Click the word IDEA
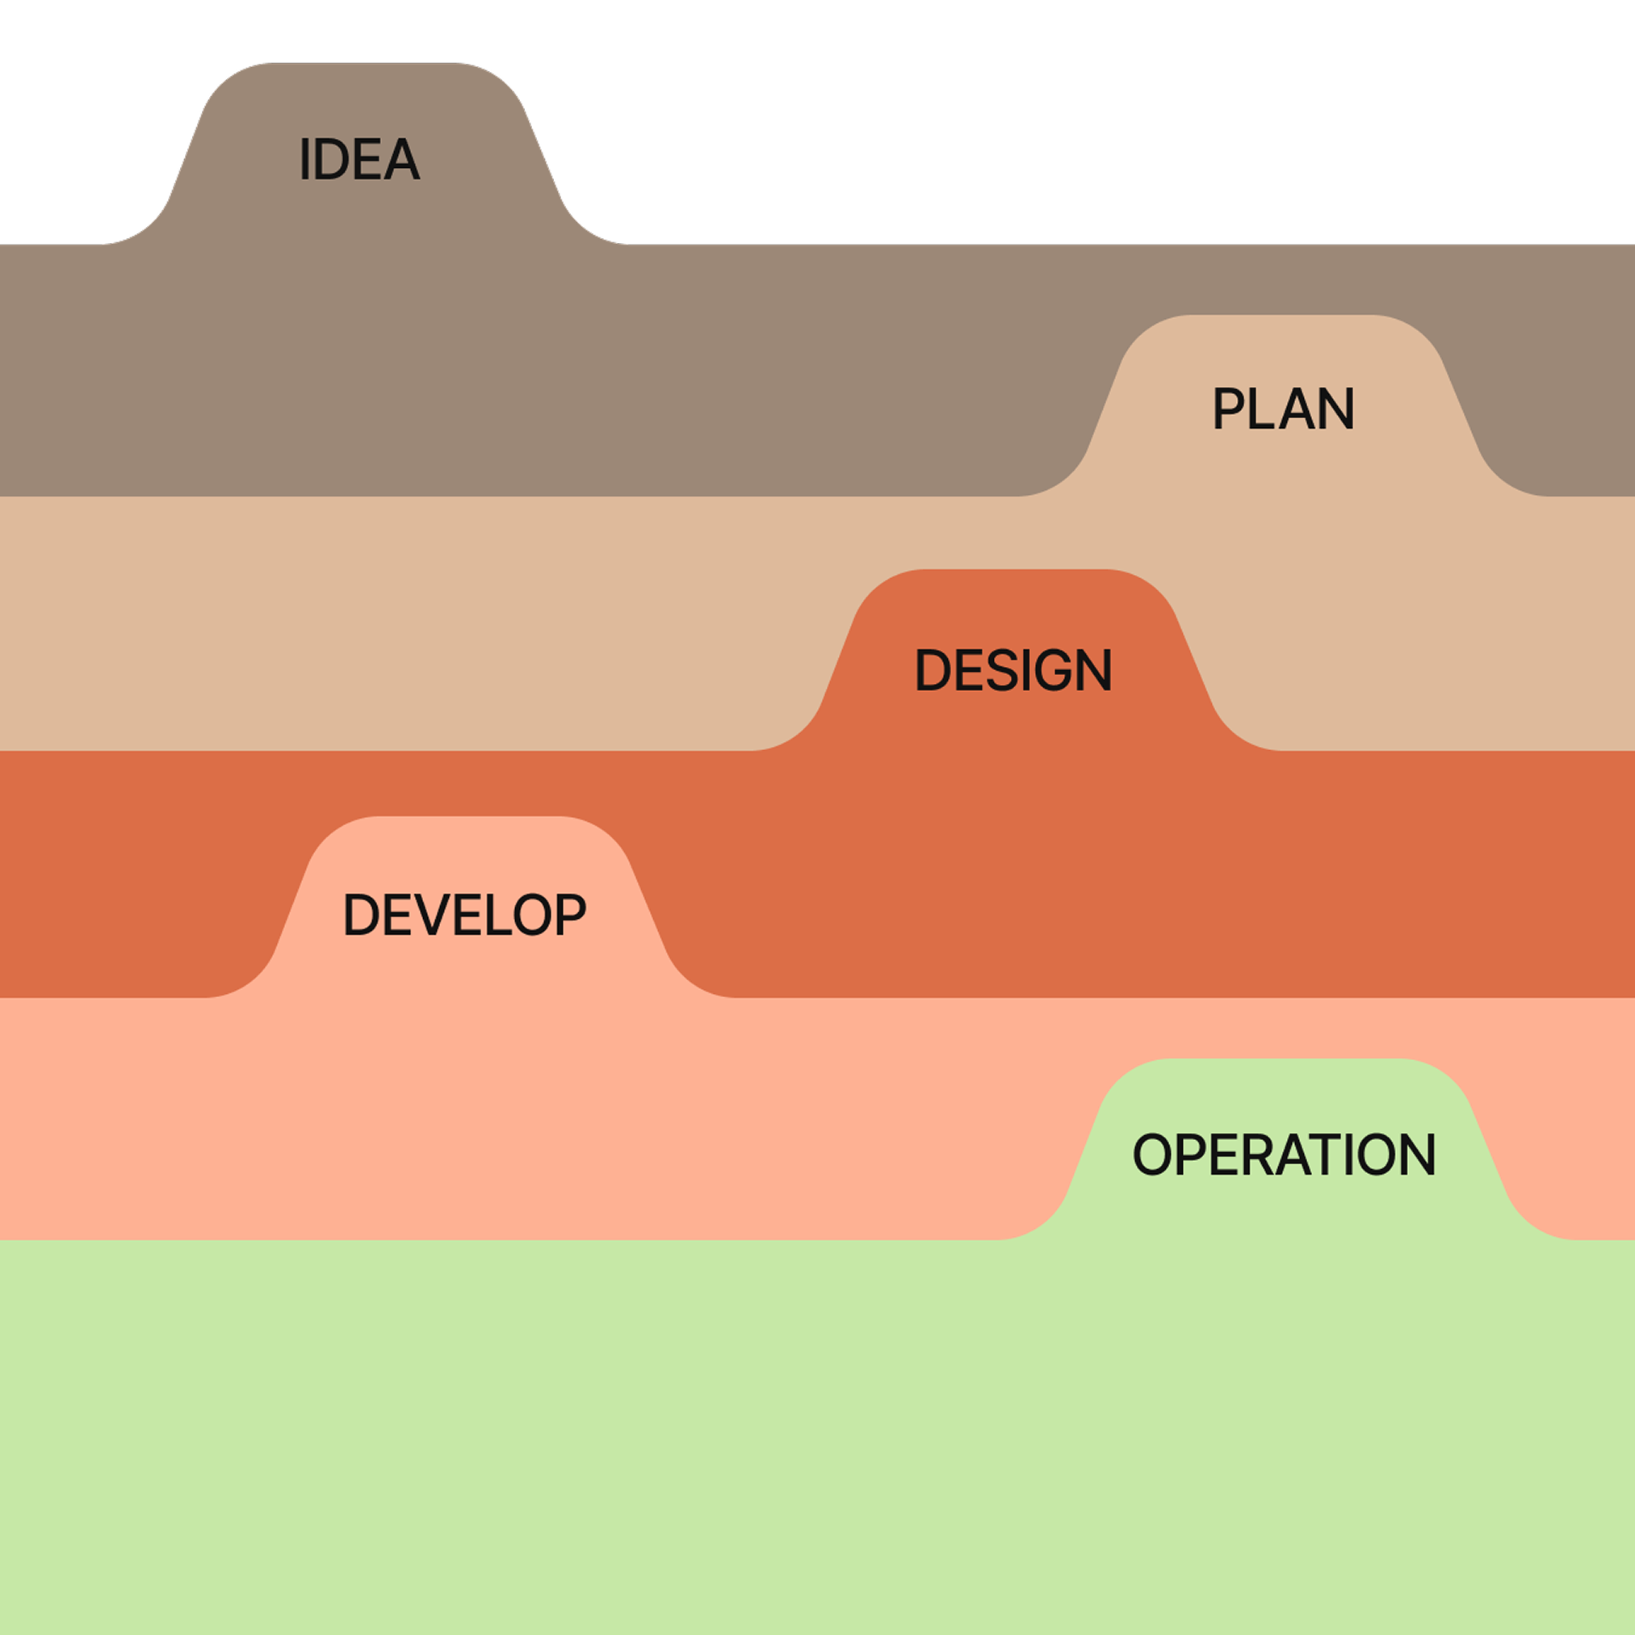tap(359, 159)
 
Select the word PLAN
tap(1283, 409)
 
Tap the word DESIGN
tap(1013, 670)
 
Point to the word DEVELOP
tap(463, 915)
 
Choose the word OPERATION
tap(1284, 1155)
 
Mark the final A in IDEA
tap(400, 159)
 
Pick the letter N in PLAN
tap(1335, 409)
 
